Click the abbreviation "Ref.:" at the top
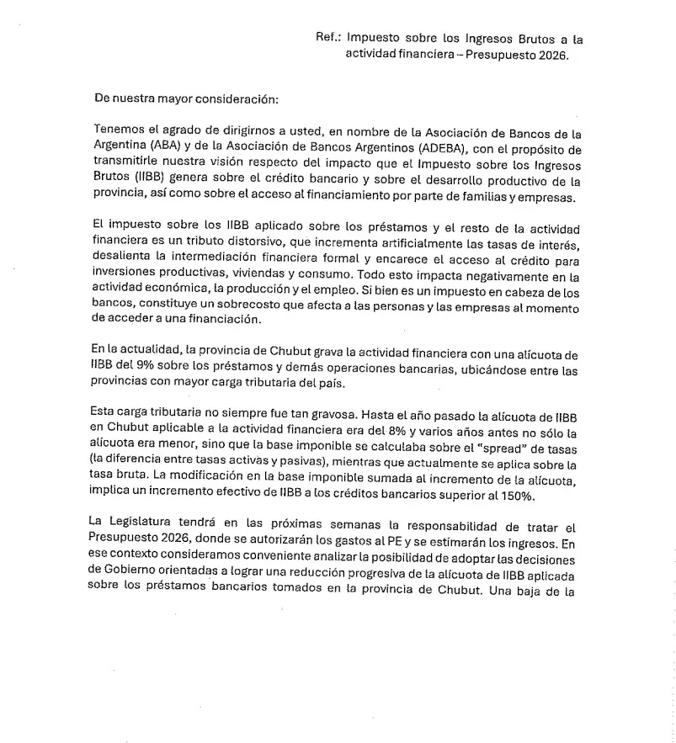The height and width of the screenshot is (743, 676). click(327, 38)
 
